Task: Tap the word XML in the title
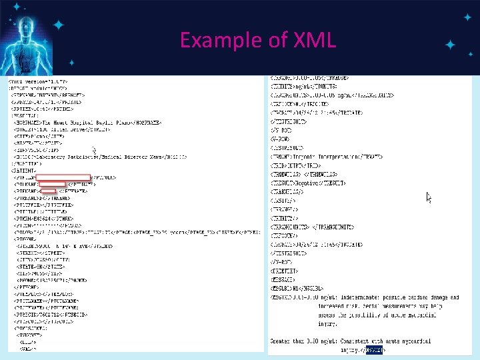pos(314,41)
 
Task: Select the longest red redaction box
pos(63,178)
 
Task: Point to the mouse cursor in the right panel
pos(429,197)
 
